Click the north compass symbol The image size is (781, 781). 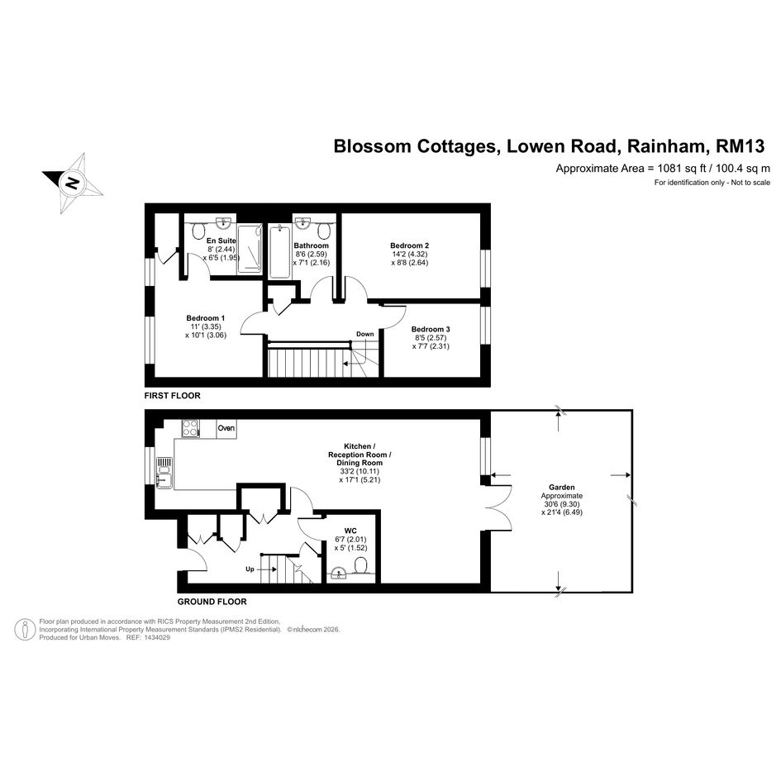(73, 182)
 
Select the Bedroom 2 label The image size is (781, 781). (409, 245)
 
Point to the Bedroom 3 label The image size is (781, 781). (431, 329)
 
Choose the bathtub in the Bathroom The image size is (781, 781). (279, 251)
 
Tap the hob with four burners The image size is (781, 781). (190, 428)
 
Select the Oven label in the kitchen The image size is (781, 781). (226, 428)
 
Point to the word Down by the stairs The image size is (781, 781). (365, 334)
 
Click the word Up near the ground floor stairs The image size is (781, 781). (250, 569)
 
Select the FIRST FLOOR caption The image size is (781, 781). (172, 396)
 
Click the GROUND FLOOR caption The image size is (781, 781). (212, 602)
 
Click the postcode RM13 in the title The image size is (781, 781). (741, 146)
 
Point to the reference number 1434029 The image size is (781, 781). (153, 637)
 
